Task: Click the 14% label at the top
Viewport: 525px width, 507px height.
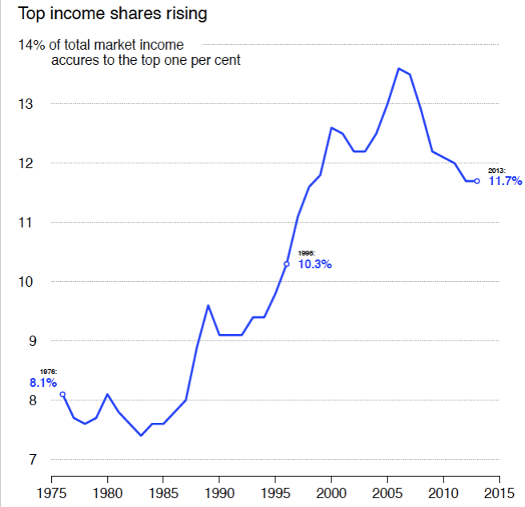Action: (30, 45)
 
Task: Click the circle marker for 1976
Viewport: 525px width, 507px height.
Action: (62, 394)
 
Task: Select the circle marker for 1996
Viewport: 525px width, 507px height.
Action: (287, 264)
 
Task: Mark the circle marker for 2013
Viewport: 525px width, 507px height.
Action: (477, 181)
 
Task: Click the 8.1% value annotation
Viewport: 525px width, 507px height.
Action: (43, 383)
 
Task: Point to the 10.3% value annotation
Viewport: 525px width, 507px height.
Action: (315, 264)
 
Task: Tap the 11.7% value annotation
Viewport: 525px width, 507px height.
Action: (505, 182)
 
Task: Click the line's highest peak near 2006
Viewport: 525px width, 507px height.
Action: (399, 68)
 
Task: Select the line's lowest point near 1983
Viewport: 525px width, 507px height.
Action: (141, 436)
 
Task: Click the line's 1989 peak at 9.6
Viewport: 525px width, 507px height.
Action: (208, 305)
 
